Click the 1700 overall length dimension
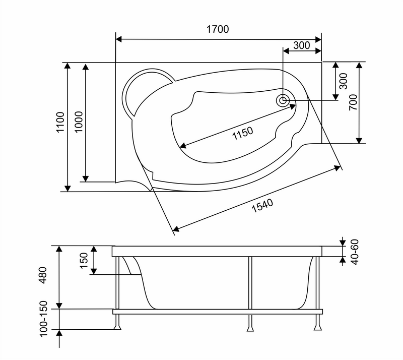[x=218, y=29]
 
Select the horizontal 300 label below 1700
[x=301, y=45]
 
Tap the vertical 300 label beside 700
[x=344, y=81]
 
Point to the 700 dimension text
[x=353, y=102]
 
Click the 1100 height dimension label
[x=60, y=122]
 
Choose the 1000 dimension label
[x=79, y=122]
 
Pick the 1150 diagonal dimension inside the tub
[x=243, y=133]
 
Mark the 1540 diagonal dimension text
[x=262, y=206]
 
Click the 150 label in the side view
[x=84, y=260]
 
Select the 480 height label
[x=43, y=275]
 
